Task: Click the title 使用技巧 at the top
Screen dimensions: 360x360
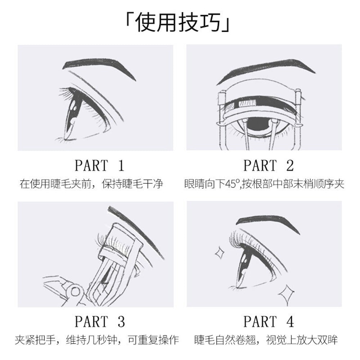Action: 180,23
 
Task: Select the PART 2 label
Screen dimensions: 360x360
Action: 269,166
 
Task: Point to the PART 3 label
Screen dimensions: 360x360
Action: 100,321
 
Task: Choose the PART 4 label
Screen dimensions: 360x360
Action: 269,321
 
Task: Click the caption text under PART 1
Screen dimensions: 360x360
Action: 91,184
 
